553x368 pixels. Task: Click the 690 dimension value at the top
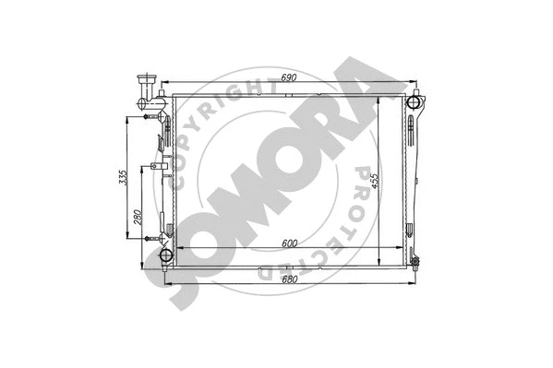(288, 78)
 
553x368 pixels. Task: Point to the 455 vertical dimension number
(373, 180)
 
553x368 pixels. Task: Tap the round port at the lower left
(166, 255)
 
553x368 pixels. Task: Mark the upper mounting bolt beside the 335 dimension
(147, 118)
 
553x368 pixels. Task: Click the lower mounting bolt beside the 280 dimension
(147, 237)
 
